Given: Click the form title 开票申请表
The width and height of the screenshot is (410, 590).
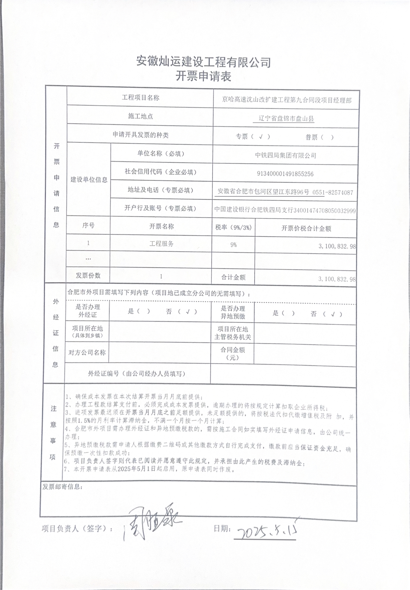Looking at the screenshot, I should tap(203, 77).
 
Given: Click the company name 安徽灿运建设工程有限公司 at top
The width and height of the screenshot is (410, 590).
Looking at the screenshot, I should tap(203, 61).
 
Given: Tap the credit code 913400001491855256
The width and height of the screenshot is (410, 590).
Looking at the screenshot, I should tap(285, 174).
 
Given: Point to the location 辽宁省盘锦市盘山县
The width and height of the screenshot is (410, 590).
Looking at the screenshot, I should tap(286, 119).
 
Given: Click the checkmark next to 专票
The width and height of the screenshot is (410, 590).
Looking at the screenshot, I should tap(261, 137).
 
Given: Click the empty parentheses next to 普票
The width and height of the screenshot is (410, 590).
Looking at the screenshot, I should tap(327, 137).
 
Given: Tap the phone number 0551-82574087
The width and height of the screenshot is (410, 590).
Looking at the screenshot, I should tap(333, 192).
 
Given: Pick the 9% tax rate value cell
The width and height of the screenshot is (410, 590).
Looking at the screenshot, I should tap(233, 245).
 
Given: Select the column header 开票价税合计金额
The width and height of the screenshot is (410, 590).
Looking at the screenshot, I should tap(306, 228).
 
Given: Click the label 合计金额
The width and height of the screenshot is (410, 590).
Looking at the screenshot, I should tap(233, 277).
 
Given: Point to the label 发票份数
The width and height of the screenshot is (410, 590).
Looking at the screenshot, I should tap(88, 276).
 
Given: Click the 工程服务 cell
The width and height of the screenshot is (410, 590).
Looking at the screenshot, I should tap(161, 244).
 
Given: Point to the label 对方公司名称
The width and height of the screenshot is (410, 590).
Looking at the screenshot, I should tap(87, 353).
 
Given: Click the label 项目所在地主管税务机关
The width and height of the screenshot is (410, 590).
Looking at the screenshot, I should tap(233, 333).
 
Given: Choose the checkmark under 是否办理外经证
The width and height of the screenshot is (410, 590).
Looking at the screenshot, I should tap(188, 312).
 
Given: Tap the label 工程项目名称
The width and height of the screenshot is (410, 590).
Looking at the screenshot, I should tap(140, 98).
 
